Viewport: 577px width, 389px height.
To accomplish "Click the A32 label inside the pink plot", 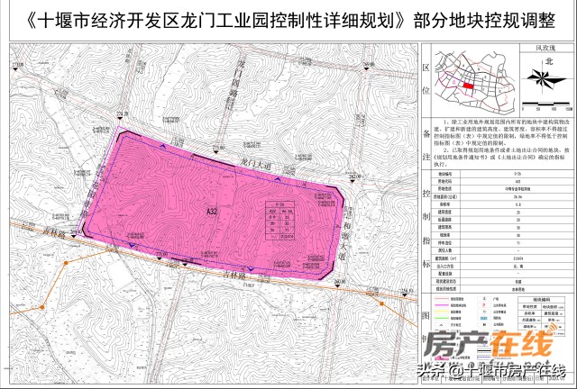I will (x=212, y=211).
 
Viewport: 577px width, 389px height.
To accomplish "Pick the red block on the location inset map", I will (x=468, y=86).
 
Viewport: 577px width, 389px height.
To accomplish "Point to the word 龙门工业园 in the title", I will (x=222, y=18).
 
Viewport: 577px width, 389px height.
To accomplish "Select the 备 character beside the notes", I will (x=426, y=131).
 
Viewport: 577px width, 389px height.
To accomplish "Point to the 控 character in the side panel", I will (x=426, y=194).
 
